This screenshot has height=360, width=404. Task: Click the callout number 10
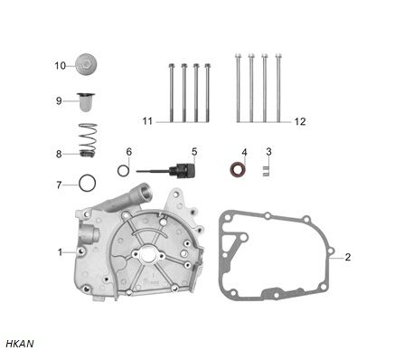coord(60,66)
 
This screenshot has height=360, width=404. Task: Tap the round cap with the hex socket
coord(87,64)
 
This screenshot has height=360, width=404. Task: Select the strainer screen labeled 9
coord(86,102)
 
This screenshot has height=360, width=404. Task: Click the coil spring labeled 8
coord(88,140)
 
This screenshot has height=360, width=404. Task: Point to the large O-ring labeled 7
coord(88,183)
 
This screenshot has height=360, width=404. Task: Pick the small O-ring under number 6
coord(124,171)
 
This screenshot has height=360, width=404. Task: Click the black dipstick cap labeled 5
coord(182,171)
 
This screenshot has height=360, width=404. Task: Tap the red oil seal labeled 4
coord(238,170)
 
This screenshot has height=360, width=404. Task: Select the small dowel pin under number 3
coord(265,171)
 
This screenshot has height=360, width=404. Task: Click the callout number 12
coord(300,121)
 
